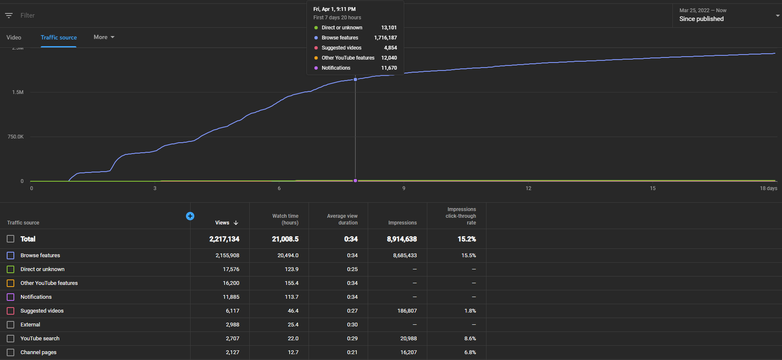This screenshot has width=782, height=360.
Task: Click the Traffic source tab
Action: [x=59, y=37]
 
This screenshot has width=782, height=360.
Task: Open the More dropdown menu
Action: [x=104, y=37]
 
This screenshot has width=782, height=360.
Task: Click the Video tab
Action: [x=14, y=37]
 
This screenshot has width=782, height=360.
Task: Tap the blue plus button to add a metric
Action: [x=190, y=216]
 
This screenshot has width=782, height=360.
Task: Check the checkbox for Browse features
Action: [x=10, y=256]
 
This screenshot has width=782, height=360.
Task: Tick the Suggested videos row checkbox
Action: [x=10, y=311]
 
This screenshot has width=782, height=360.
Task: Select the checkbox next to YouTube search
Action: [x=10, y=339]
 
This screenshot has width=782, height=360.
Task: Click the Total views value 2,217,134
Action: [x=224, y=239]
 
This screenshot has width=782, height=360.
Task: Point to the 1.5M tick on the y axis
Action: [x=18, y=92]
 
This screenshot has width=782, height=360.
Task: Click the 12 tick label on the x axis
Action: [x=528, y=188]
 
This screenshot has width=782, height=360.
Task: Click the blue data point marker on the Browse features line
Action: [x=356, y=79]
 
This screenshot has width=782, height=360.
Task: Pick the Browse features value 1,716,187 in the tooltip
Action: [x=385, y=38]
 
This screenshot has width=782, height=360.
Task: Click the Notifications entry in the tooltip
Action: [x=336, y=68]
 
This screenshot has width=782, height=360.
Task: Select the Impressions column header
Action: [x=403, y=223]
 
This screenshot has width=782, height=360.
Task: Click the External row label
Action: [x=30, y=325]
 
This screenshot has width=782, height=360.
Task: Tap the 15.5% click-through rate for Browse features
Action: [x=468, y=256]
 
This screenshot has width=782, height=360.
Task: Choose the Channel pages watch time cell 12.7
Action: [x=293, y=352]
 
